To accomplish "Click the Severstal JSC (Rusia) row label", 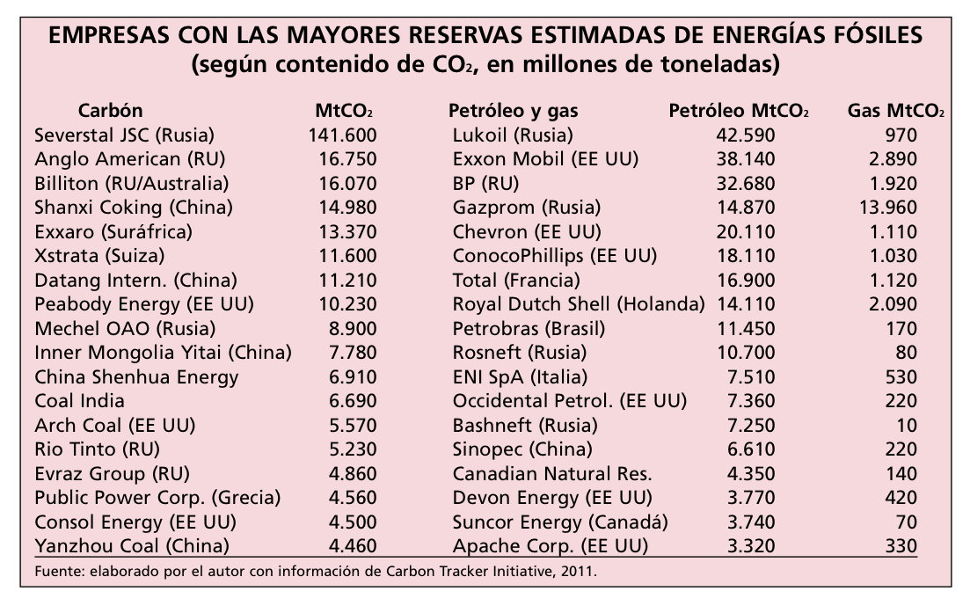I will [125, 135].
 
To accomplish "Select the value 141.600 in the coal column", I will [342, 135].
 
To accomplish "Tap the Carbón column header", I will [110, 111].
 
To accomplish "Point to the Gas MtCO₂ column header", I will [896, 112].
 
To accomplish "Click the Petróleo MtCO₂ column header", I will [739, 112].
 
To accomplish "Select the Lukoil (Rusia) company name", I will [512, 135].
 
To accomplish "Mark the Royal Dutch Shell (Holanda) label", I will [579, 304].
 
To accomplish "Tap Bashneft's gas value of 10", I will [905, 425].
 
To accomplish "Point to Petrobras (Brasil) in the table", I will [529, 329].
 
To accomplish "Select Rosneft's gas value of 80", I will [905, 353].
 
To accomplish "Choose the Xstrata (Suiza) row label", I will [99, 256].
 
